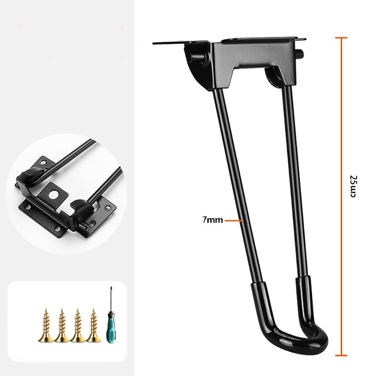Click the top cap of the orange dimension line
341,38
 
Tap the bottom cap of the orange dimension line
341,354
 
